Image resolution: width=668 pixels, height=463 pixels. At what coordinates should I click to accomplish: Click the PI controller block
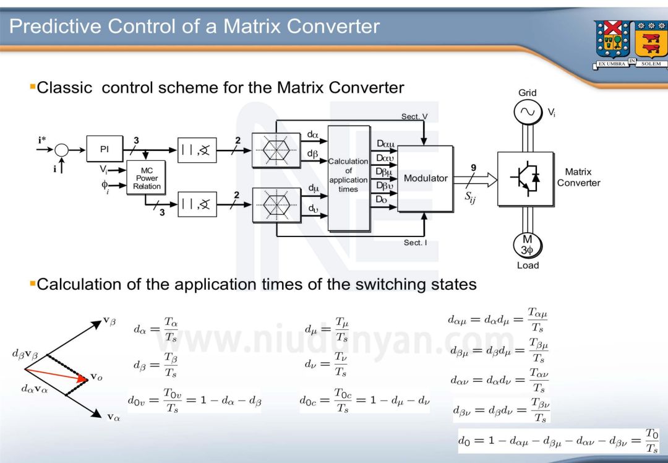pos(105,150)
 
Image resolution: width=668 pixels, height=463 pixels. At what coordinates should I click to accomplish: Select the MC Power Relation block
pos(147,178)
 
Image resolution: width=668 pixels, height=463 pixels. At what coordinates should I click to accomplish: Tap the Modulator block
pos(426,178)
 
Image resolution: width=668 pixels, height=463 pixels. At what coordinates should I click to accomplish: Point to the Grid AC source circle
pos(527,111)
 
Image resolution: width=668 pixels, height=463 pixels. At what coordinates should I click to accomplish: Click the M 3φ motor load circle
pos(527,246)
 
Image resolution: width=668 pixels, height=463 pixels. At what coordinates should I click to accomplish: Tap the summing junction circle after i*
pos(61,150)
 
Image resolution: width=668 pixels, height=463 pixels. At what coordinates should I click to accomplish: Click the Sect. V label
pos(414,116)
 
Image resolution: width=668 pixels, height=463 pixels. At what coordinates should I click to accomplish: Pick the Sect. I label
pos(414,243)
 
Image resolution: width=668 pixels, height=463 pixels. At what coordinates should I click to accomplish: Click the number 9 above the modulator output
pos(473,168)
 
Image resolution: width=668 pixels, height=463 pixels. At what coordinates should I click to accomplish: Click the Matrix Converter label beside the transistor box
pos(578,178)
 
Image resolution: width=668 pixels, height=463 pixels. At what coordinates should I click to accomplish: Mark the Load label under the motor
pos(528,266)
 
